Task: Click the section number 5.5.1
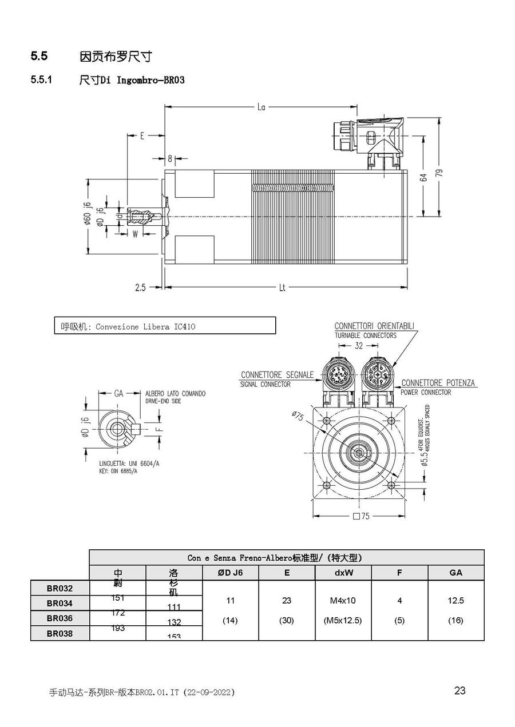coord(41,80)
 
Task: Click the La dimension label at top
coord(261,106)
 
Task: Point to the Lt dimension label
coord(282,288)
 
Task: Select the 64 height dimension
coord(424,178)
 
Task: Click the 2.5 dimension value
coord(140,288)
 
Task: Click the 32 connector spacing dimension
coord(358,346)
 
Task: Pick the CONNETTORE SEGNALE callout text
coord(278,375)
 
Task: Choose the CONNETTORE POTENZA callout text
coord(438,383)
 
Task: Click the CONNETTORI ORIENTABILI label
coord(374,326)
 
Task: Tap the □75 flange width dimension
coord(361,516)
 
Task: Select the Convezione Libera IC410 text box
coord(165,326)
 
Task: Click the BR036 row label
coord(60,618)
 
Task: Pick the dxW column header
coord(343,573)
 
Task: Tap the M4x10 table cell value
coord(343,601)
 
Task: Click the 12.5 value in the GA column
coord(456,601)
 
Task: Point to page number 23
coord(459,690)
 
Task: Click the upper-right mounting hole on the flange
coord(392,421)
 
